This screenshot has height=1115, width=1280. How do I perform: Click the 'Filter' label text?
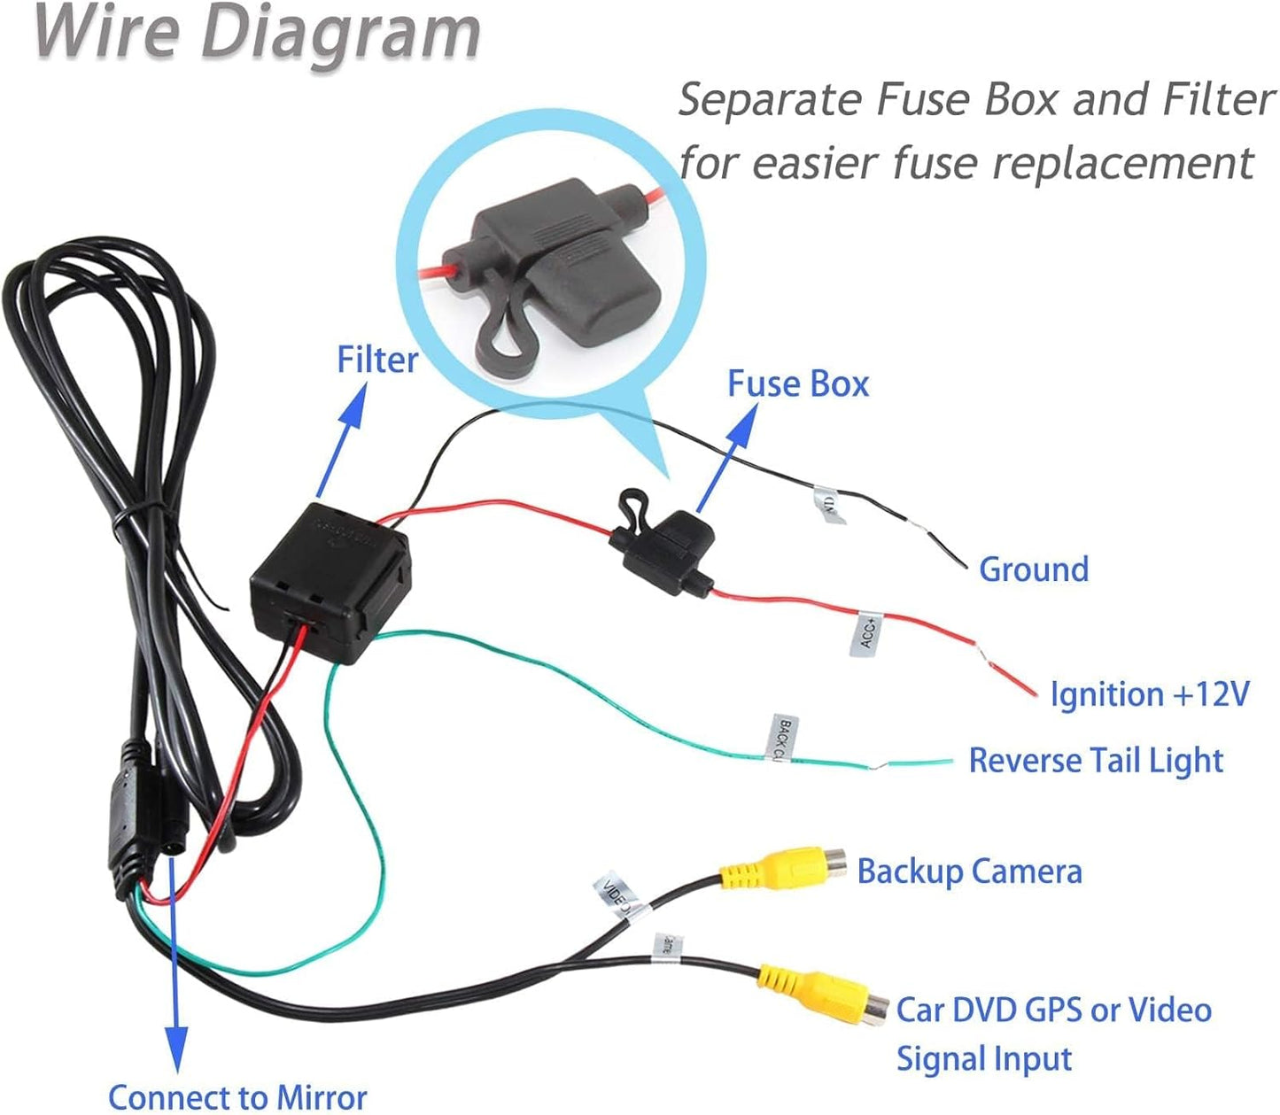376,360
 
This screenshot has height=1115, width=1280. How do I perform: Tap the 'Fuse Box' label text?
797,383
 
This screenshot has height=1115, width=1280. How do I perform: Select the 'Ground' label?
1033,569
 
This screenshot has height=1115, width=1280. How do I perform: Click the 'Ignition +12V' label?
1149,693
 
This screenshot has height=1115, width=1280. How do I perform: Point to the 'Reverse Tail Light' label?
1095,760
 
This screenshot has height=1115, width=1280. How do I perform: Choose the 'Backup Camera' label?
969,871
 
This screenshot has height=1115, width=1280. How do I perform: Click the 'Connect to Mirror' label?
237,1096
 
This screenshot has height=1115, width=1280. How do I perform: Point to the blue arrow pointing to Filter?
342,437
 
